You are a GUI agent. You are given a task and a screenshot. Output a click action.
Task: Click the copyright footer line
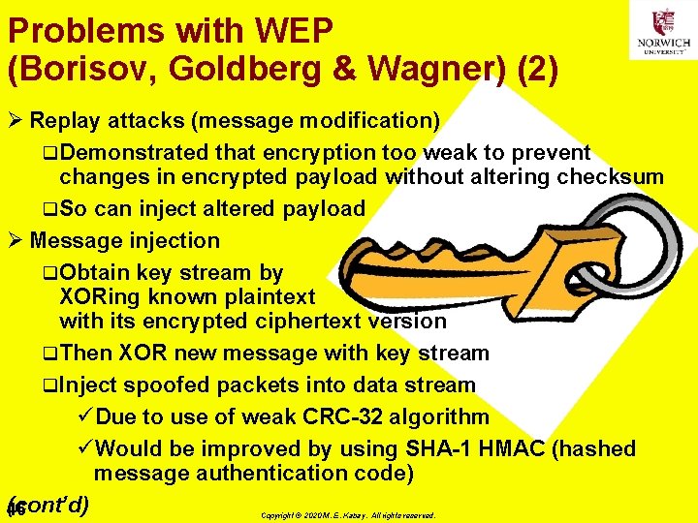click(x=348, y=516)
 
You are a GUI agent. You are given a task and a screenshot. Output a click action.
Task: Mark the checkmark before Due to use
click(x=83, y=417)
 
